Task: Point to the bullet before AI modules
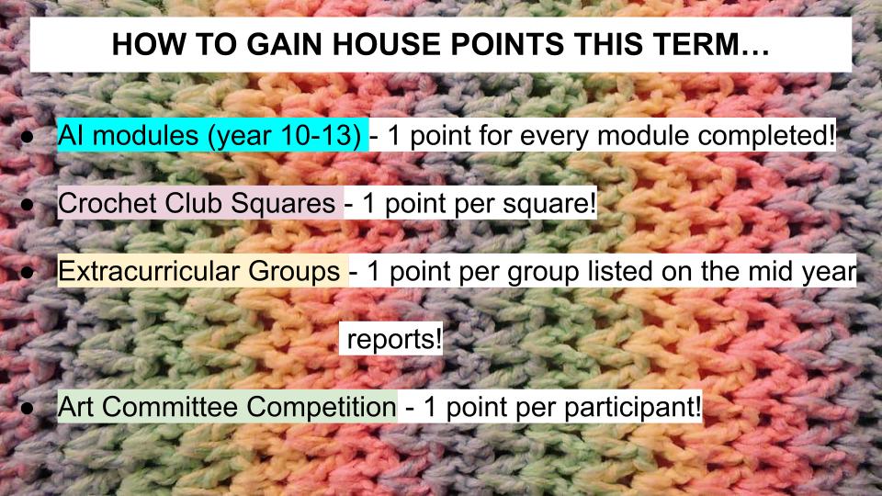[x=27, y=137]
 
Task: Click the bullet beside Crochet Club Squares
[x=27, y=205]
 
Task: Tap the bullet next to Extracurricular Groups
[x=27, y=273]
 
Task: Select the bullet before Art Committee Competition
[x=27, y=408]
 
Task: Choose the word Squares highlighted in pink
[x=284, y=204]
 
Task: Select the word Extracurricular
[x=149, y=271]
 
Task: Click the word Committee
[x=170, y=407]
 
